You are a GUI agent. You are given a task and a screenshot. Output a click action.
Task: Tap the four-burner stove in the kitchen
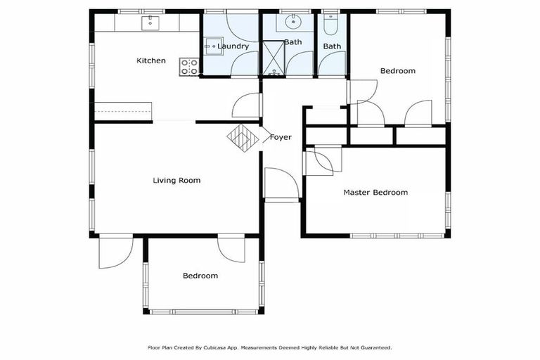click(x=189, y=67)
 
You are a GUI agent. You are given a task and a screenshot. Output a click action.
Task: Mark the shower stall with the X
click(x=271, y=59)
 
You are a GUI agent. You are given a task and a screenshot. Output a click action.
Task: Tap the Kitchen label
click(x=151, y=61)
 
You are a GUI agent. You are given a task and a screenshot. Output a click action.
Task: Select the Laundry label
click(x=233, y=46)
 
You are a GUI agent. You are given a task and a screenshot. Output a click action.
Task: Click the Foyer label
click(x=281, y=137)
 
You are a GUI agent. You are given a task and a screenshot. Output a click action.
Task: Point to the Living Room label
click(x=176, y=181)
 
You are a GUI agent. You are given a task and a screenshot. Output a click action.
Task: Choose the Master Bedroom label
click(x=375, y=193)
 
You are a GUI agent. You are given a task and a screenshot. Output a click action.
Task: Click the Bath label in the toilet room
click(x=332, y=46)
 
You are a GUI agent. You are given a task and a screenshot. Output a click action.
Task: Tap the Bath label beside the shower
click(x=293, y=43)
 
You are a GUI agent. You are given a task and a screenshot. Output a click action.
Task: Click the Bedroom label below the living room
click(x=200, y=276)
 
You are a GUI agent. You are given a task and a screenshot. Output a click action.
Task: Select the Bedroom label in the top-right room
click(x=397, y=71)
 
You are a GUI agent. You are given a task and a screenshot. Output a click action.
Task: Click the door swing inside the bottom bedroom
click(x=231, y=249)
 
